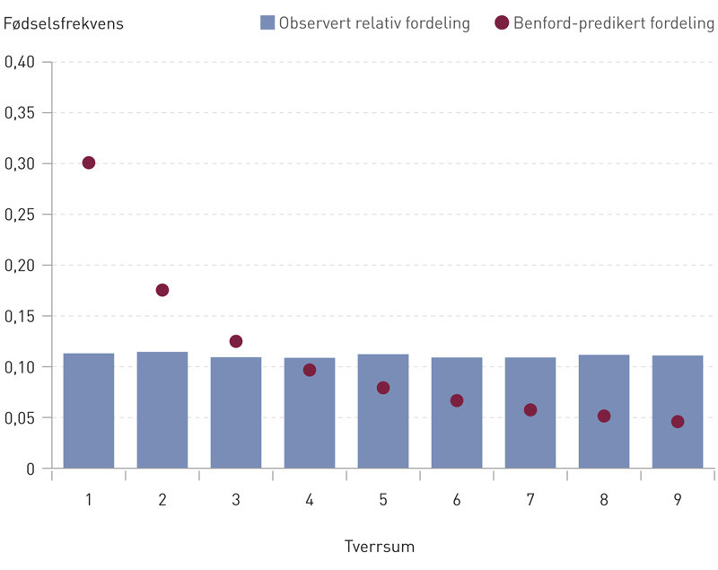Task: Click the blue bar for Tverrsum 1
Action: tap(89, 410)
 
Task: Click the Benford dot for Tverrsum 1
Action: tap(89, 162)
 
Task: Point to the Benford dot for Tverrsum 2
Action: tap(162, 290)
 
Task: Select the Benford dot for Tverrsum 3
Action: tap(236, 341)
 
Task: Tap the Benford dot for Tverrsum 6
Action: tap(457, 400)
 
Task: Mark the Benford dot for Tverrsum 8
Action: tap(604, 416)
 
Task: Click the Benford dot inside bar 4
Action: tap(310, 370)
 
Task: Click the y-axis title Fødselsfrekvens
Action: tap(64, 23)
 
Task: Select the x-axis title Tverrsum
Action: tap(380, 546)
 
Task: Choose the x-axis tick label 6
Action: tap(457, 500)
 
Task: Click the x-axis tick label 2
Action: tap(162, 500)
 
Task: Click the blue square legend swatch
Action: tap(267, 23)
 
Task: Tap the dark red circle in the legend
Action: tap(502, 23)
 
